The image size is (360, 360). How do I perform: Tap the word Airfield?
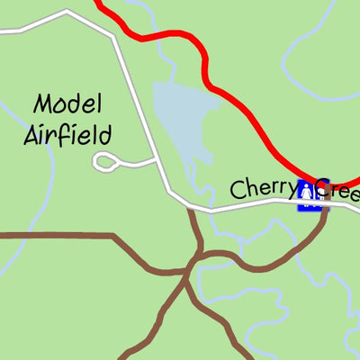tap(67, 135)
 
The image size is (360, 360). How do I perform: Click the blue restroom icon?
tap(310, 194)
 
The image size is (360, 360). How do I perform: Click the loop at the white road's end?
tap(105, 162)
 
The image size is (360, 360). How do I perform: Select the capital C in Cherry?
tap(238, 190)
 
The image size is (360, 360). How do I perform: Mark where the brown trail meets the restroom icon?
tap(322, 209)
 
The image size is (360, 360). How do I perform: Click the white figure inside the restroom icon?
tap(306, 192)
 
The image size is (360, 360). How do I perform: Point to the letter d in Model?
tap(81, 104)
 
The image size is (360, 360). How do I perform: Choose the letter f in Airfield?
tap(68, 135)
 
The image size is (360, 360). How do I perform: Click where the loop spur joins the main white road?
tap(158, 162)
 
